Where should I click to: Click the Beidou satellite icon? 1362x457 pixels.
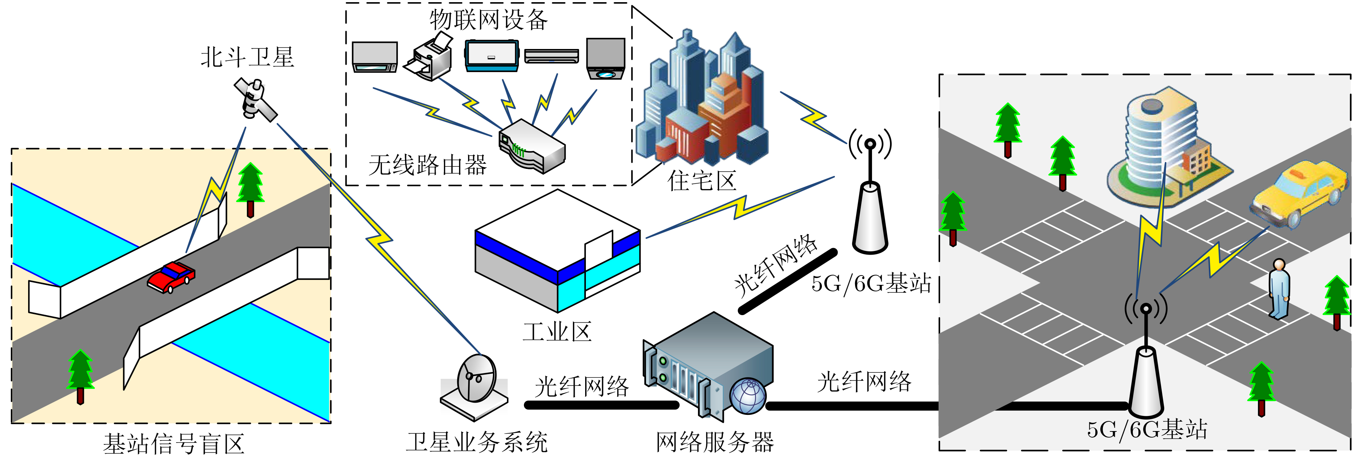256,99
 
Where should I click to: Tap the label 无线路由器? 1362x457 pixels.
427,165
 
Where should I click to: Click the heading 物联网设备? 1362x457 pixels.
489,20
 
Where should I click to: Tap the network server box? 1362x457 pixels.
708,364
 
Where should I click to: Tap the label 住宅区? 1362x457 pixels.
702,181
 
